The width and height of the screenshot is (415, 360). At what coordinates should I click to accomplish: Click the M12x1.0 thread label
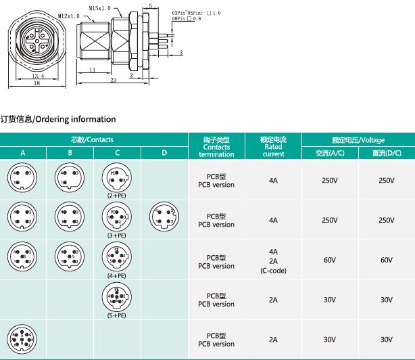68,15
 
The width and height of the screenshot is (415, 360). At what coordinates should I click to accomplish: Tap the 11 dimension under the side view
91,70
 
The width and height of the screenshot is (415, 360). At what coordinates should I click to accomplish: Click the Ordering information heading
58,119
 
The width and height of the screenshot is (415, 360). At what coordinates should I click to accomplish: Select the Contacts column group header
92,139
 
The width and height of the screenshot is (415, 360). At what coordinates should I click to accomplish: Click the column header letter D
164,153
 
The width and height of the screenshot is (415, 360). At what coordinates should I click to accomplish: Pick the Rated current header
273,146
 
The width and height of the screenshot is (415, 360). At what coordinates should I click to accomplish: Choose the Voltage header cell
358,139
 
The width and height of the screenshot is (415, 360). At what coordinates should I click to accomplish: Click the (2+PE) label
117,195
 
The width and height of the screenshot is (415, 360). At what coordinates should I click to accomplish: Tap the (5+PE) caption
117,315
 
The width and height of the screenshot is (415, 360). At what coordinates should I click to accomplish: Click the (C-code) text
273,270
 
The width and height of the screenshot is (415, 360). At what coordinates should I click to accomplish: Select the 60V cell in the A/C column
330,260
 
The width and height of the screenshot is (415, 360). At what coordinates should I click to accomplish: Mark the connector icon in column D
164,216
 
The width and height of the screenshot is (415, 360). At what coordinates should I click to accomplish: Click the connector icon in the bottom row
22,338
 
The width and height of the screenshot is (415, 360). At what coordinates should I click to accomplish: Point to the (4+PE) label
117,275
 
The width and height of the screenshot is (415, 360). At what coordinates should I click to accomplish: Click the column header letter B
70,153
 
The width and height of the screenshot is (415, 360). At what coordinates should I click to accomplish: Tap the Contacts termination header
216,147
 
